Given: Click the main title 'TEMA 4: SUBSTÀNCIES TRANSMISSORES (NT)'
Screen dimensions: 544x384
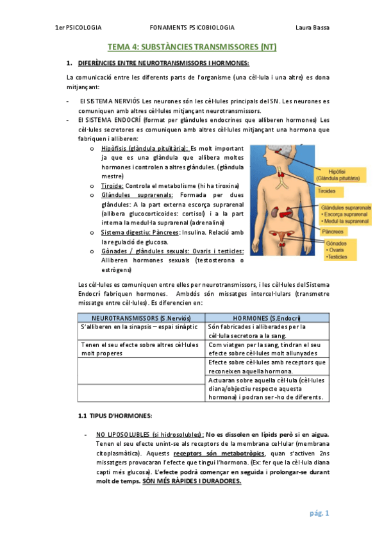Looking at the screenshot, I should pos(192,47).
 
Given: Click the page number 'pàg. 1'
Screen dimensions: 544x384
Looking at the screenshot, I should pos(319,513).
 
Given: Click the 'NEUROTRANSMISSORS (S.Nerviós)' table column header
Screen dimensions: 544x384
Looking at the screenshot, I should pos(139,318).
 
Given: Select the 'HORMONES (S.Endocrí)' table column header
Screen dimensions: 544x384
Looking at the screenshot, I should pos(267,318).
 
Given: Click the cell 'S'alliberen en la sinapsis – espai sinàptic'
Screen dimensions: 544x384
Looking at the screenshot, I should pos(126,327).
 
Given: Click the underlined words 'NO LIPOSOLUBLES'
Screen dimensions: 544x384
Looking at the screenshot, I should pos(119,434).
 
